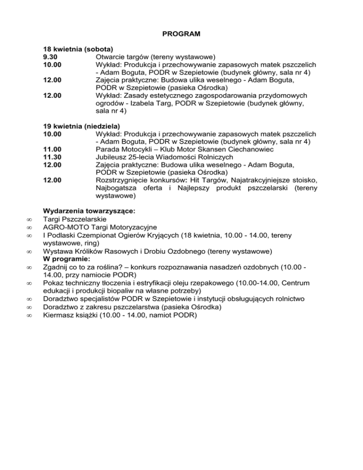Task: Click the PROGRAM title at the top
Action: point(181,34)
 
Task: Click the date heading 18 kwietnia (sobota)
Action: point(78,49)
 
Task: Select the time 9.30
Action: point(50,56)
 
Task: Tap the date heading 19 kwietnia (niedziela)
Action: point(81,126)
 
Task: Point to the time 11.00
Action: point(52,149)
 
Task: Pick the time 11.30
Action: point(52,157)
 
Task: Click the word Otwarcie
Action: point(110,56)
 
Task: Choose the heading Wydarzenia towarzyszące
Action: point(89,211)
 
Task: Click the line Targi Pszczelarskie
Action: point(75,219)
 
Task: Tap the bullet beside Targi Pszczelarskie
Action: point(29,220)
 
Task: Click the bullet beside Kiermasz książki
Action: point(29,314)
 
